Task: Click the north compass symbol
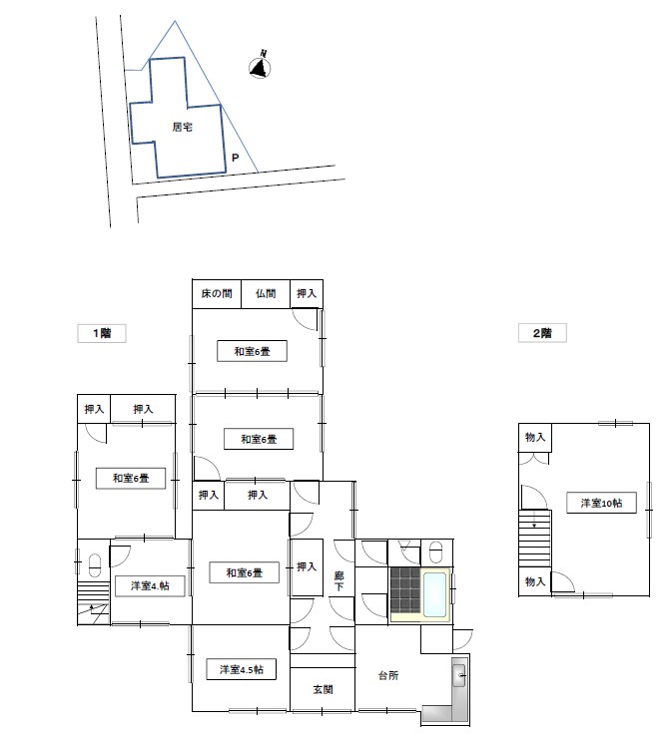coord(260,67)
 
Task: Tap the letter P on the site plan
coord(236,158)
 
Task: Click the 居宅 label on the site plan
coord(182,127)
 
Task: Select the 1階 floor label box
coord(102,333)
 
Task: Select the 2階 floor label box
coord(542,333)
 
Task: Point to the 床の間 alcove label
coord(217,294)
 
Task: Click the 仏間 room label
coord(266,294)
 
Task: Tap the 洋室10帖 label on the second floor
coord(601,503)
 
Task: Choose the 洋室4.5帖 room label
coord(242,669)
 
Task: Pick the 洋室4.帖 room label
coord(150,586)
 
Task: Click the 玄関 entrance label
coord(323,689)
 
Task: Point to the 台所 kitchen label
coord(388,675)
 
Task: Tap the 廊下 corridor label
coord(338,581)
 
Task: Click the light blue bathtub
coord(434,594)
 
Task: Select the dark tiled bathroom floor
coord(404,589)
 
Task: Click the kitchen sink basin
coord(458,676)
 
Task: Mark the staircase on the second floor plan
coord(535,539)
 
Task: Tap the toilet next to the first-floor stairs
coord(95,565)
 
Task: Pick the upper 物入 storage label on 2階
coord(535,437)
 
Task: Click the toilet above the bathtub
coord(436,552)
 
